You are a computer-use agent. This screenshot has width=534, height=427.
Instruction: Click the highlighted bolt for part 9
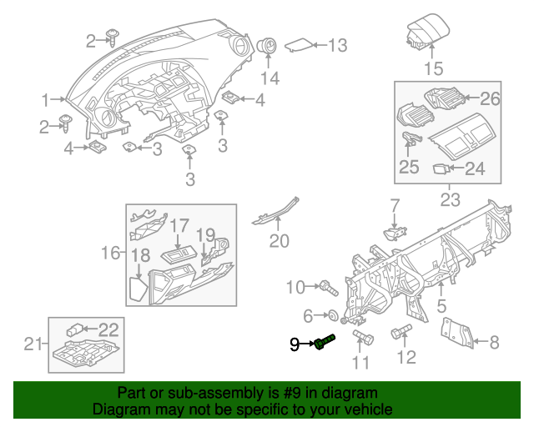[324, 342]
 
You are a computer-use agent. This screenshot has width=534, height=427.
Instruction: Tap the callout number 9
[295, 344]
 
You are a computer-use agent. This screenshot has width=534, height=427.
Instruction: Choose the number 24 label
[474, 168]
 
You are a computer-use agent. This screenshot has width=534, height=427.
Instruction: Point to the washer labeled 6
[333, 316]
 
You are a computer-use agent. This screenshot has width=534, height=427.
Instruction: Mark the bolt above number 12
[399, 331]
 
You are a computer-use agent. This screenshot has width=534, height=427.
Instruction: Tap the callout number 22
[109, 329]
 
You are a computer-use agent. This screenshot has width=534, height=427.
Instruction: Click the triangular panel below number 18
[137, 289]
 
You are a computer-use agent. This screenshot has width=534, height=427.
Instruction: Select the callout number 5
[442, 306]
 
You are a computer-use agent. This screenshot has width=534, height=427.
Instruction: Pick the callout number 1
[47, 99]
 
